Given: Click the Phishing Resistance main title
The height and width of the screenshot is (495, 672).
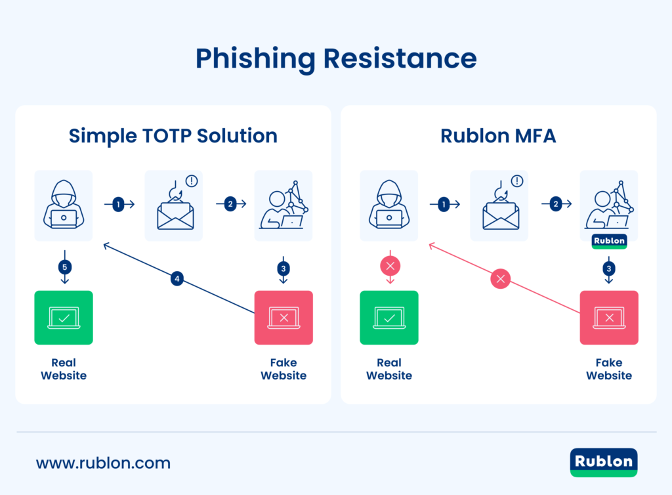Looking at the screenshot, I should [335, 59].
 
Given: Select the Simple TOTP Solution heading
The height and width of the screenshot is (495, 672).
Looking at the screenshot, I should [173, 136].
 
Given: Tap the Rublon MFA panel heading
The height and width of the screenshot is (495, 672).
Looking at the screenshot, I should [498, 136].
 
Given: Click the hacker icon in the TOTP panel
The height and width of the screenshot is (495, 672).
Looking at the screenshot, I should [64, 205].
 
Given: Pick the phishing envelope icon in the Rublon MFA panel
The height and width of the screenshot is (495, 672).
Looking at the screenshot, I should [499, 205].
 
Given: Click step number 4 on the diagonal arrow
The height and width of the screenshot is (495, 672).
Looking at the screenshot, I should [177, 279].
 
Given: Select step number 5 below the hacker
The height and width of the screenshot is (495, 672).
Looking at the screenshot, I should [64, 267].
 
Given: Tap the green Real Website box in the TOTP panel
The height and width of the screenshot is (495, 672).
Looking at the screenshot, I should [64, 318].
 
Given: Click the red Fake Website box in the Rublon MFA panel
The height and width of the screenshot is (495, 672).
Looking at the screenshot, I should [609, 318].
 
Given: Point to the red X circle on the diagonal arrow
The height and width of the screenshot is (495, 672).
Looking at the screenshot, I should [501, 280].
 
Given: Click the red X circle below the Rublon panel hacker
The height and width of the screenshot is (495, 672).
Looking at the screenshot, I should [390, 267].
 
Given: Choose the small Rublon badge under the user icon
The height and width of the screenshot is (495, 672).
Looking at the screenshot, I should [609, 241].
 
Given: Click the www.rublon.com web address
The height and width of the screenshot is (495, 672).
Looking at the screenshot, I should [103, 463].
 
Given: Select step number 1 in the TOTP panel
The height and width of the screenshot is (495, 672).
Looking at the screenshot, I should [118, 205].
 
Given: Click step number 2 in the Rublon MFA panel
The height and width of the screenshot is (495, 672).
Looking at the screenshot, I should [556, 205].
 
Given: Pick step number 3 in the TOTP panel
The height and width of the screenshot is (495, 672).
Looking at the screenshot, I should [283, 268].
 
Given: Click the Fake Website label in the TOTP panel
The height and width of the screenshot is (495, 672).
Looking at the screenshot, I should [283, 369].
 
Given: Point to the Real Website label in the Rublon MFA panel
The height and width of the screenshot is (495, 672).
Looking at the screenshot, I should [389, 369].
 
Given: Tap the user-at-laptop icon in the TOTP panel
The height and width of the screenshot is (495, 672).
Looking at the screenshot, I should [283, 205].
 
